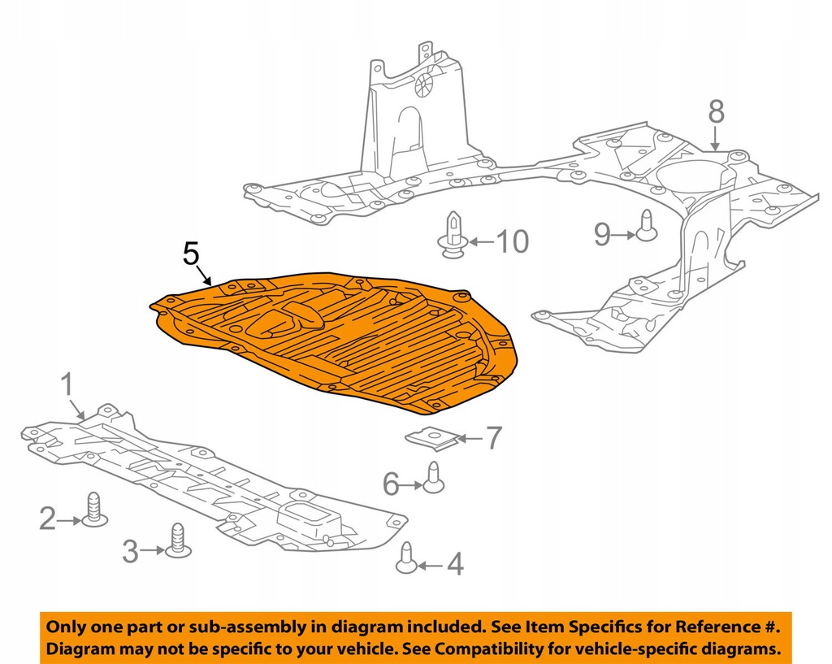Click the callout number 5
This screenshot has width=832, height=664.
point(191,254)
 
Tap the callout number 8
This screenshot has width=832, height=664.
point(716,112)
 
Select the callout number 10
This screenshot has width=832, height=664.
point(512,241)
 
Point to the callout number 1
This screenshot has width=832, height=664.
point(67,384)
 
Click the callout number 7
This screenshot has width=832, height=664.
point(493,438)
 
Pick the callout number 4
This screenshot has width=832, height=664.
point(455,565)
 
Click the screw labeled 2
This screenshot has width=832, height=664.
point(95,510)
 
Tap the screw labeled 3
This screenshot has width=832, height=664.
point(178,540)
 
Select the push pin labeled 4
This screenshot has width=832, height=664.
point(406,558)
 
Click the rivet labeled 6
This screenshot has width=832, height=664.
point(434,477)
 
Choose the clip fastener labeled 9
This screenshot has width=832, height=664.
point(646,226)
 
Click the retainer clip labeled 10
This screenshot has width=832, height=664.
point(452,235)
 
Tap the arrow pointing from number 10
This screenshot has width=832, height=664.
point(480,242)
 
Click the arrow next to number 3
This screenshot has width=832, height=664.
point(153,550)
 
